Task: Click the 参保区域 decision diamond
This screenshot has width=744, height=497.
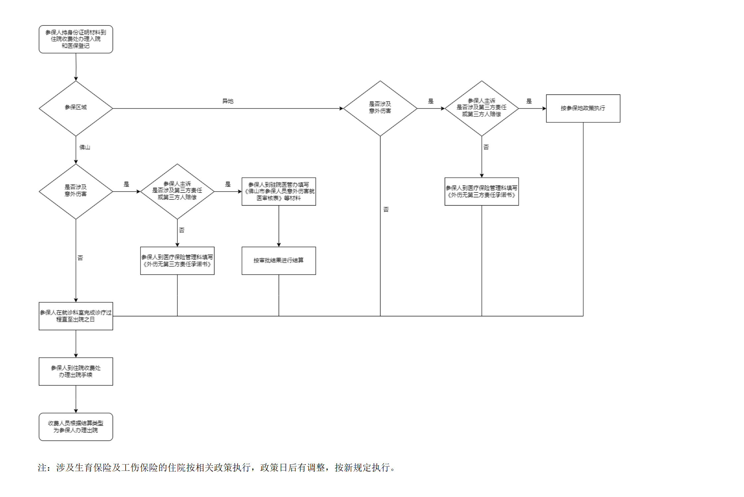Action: (76, 108)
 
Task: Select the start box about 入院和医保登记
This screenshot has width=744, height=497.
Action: (76, 39)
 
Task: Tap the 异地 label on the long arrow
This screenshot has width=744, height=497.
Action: (228, 101)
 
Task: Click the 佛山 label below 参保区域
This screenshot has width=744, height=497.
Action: (85, 147)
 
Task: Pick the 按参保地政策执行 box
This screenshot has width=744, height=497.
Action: (583, 108)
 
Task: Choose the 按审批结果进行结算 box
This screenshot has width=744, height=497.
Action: (278, 261)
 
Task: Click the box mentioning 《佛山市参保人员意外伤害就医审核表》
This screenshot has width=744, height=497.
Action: (278, 191)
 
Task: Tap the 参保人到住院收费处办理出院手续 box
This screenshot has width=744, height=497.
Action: (76, 371)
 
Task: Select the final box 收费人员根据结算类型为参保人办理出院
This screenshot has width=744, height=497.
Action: (76, 427)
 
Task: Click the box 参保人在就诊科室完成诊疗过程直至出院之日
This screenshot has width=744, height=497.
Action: (76, 316)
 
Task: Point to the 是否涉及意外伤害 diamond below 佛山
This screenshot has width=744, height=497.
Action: (76, 191)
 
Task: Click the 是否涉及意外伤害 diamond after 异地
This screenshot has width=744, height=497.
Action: (380, 108)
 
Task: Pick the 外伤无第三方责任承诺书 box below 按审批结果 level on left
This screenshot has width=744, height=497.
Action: (177, 261)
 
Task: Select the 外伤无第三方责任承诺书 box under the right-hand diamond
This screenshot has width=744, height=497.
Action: (481, 191)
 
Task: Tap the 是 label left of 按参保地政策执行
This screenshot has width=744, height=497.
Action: (529, 101)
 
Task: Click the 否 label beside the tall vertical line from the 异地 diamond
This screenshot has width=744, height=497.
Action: (386, 210)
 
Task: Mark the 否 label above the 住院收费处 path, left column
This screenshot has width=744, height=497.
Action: (80, 258)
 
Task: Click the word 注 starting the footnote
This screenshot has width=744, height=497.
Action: (42, 468)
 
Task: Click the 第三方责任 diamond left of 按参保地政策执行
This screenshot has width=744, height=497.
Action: (481, 108)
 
